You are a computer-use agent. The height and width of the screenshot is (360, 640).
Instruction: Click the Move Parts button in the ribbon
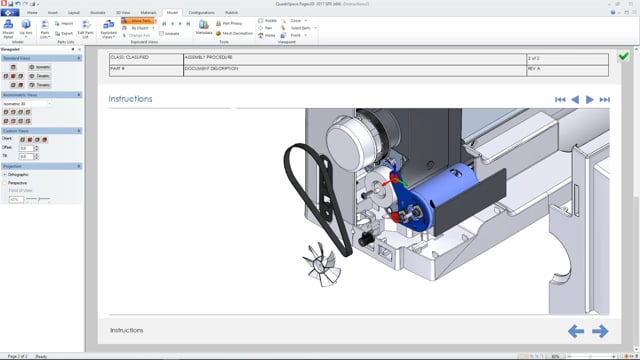(x=137, y=20)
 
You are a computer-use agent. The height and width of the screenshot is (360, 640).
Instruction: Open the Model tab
(x=172, y=12)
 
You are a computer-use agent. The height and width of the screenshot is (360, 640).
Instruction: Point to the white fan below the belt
(x=321, y=261)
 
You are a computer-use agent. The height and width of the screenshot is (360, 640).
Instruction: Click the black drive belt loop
(x=296, y=190)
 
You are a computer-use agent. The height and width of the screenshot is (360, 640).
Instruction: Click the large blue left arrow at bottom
(x=576, y=331)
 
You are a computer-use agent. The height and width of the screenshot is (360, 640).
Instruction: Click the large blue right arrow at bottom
(x=600, y=331)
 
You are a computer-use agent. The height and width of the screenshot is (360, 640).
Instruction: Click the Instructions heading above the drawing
(x=131, y=99)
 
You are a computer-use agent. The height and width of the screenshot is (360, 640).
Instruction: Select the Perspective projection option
(x=17, y=183)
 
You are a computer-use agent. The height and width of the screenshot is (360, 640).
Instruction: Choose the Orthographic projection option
(x=18, y=175)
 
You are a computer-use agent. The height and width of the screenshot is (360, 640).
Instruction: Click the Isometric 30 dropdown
(x=28, y=103)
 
